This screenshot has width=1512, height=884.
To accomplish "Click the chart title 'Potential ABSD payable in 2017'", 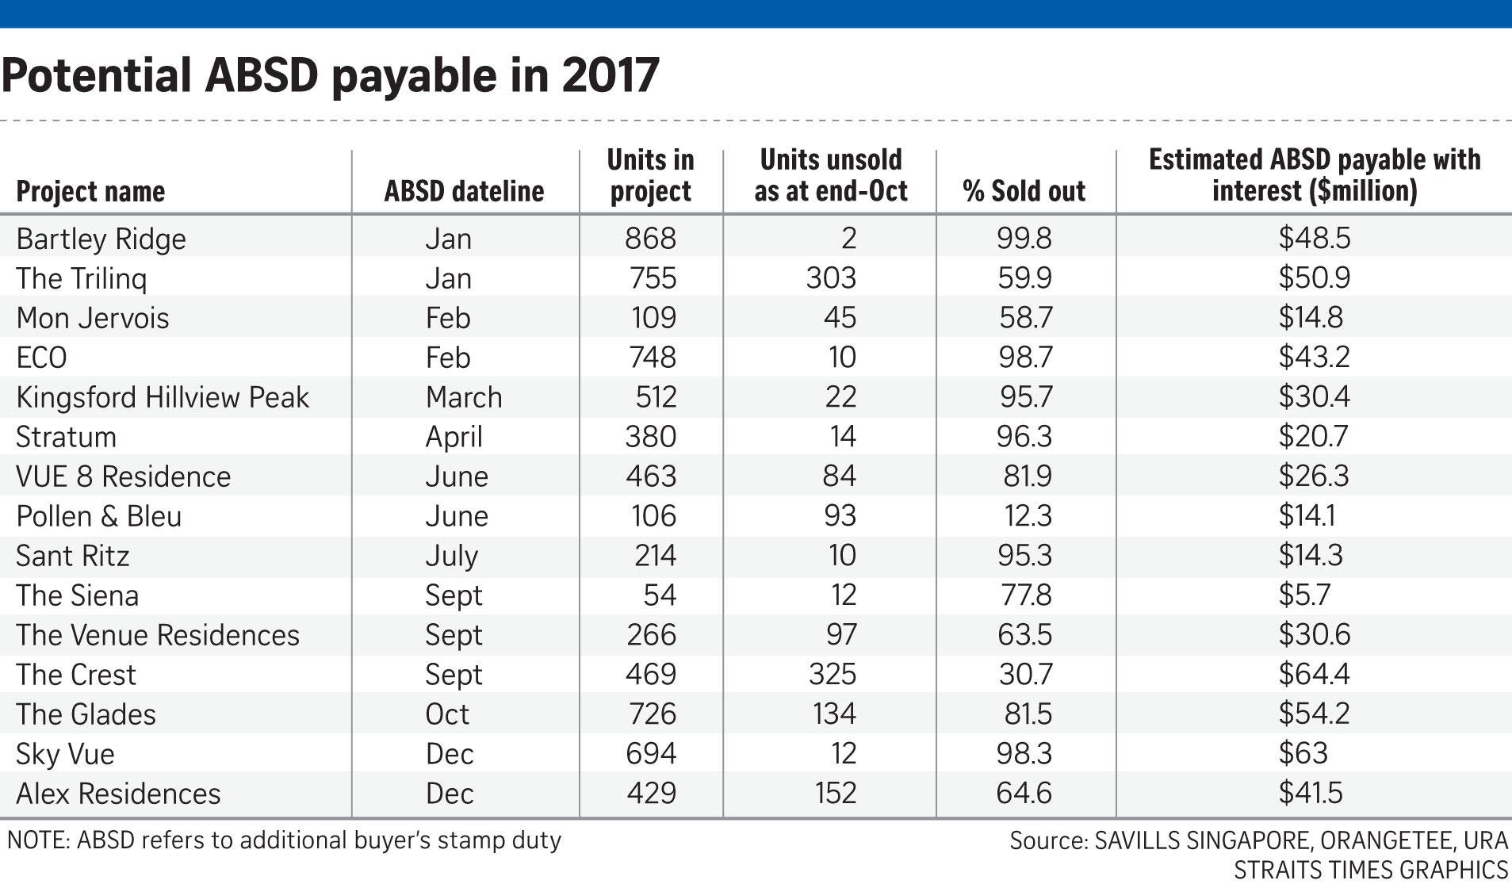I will (330, 76).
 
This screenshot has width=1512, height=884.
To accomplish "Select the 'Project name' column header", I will (90, 192).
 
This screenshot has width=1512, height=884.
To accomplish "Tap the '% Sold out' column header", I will (1024, 192).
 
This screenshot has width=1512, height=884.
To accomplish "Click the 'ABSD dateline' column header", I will (464, 192).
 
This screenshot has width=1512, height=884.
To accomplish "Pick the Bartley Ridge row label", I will (101, 239).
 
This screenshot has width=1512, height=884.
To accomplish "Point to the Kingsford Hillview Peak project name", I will (163, 398).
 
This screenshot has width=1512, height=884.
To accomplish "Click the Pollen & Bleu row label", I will (99, 517).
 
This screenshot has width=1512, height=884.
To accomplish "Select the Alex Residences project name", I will (118, 794).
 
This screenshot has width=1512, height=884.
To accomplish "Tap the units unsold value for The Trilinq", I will (832, 278).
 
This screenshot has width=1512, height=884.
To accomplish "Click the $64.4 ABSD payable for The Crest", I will (1314, 675).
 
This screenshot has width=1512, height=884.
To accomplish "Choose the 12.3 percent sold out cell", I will (1028, 516).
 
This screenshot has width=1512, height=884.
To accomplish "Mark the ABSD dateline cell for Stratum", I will (454, 438).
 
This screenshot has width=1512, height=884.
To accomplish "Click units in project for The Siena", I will (660, 595).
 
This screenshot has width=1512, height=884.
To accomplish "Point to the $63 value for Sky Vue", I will (1303, 754).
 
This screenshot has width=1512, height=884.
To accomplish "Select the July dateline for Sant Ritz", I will (451, 557).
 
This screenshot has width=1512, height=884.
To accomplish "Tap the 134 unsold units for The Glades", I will (834, 714).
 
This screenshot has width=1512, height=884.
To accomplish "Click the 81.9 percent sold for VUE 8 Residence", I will (1028, 476).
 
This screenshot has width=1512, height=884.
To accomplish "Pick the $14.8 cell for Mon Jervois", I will (1311, 318).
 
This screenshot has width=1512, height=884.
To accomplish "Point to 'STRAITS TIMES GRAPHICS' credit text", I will (1371, 870).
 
